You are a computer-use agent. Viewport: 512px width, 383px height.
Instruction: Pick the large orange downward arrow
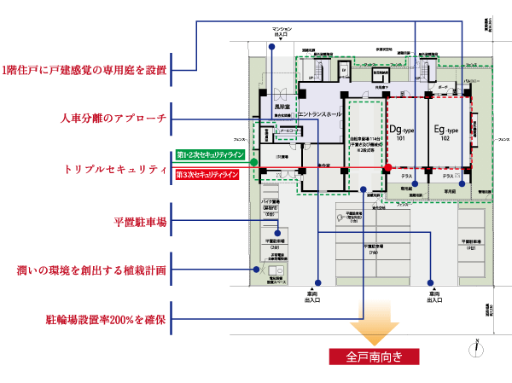(x=373, y=329)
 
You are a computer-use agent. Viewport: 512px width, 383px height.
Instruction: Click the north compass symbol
(x=478, y=345)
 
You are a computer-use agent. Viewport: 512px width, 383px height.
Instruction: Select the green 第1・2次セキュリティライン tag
(x=210, y=155)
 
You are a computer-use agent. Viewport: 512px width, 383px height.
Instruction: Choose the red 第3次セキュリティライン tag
(x=210, y=175)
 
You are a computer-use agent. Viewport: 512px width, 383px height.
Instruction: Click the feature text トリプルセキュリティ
(x=114, y=170)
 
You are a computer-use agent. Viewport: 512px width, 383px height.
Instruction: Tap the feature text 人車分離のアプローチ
(x=113, y=118)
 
